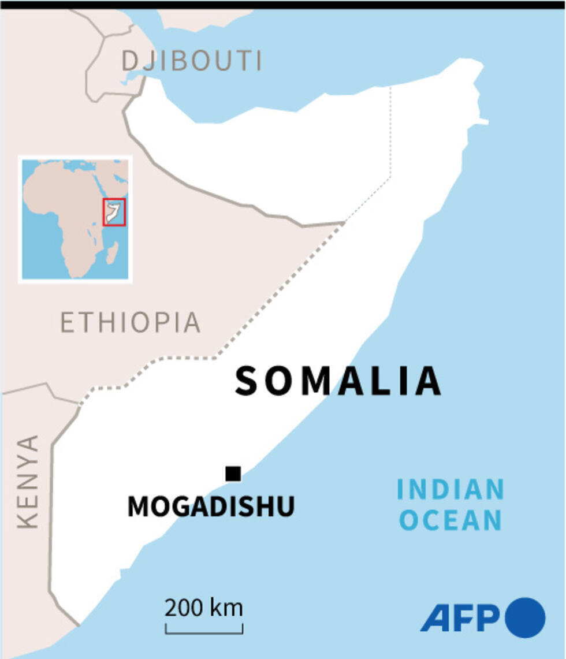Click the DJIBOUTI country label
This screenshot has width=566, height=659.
192,61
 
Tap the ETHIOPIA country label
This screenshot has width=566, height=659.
131,322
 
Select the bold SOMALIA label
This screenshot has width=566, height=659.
338,381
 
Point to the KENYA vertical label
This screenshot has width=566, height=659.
28,482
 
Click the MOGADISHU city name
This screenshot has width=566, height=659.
211,507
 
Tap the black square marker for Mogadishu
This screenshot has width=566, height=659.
233,474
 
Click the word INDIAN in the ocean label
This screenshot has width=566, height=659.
450,490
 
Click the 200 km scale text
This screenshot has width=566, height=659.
203,608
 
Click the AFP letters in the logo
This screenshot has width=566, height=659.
460,619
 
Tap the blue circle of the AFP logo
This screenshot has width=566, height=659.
525,617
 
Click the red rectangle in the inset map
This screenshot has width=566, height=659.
114,212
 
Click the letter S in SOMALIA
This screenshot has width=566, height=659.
246,382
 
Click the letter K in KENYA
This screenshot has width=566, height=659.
28,519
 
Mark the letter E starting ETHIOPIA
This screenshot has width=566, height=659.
68,322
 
